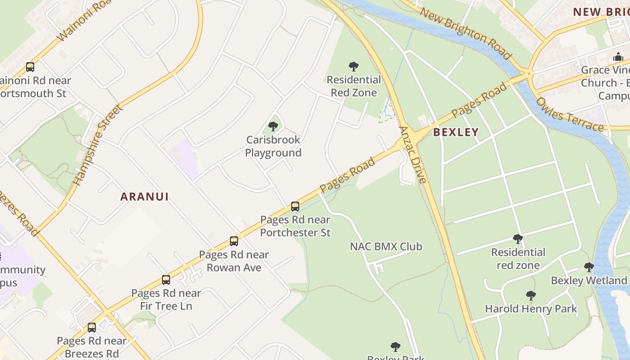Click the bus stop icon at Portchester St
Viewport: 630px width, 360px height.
tap(295, 207)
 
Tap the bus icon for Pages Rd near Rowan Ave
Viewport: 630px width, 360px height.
tap(234, 241)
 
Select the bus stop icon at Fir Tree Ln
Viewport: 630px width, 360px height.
tap(166, 280)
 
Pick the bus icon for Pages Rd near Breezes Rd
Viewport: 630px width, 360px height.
tap(92, 328)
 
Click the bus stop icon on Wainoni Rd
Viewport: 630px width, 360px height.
tap(30, 67)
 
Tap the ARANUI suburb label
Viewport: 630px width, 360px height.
tap(144, 197)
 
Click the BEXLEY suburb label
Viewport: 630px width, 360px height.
tap(456, 132)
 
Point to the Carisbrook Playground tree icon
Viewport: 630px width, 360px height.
tap(273, 126)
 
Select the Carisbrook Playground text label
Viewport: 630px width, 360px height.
tap(273, 147)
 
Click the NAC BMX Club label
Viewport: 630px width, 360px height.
tap(386, 247)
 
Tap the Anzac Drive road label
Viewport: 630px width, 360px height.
tap(413, 154)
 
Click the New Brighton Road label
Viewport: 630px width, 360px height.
tap(466, 33)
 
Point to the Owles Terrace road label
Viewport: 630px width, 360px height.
tap(569, 115)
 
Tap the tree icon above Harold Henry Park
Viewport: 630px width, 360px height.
tap(531, 296)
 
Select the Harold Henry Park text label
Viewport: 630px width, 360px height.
tap(531, 309)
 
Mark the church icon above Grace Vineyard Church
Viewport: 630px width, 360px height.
tap(618, 57)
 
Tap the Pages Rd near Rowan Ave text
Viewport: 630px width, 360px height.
tap(234, 261)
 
